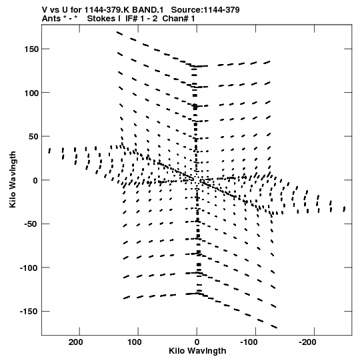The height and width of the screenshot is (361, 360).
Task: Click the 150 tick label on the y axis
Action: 31,49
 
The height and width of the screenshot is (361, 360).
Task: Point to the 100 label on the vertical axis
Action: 31,93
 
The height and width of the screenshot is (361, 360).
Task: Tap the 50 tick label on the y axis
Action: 33,137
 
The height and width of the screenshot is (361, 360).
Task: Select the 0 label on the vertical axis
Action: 35,180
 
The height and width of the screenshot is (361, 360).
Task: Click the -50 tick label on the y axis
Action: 31,224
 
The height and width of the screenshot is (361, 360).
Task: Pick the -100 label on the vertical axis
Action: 29,268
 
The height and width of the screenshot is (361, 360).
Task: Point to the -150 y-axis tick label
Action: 29,312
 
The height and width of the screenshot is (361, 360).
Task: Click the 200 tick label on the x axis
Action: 76,342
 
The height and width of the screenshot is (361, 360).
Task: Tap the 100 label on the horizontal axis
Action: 135,342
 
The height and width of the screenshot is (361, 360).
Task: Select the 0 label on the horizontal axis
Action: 197,342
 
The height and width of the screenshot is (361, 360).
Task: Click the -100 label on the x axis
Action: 249,342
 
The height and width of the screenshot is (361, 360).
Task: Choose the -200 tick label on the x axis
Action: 307,342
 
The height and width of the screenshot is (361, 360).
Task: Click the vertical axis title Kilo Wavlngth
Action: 13,179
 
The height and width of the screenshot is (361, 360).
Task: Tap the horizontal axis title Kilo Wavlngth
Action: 197,351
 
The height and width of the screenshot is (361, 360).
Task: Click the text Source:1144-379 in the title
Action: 205,10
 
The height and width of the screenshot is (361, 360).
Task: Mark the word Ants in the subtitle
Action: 51,19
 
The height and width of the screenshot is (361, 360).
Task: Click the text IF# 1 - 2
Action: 141,19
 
